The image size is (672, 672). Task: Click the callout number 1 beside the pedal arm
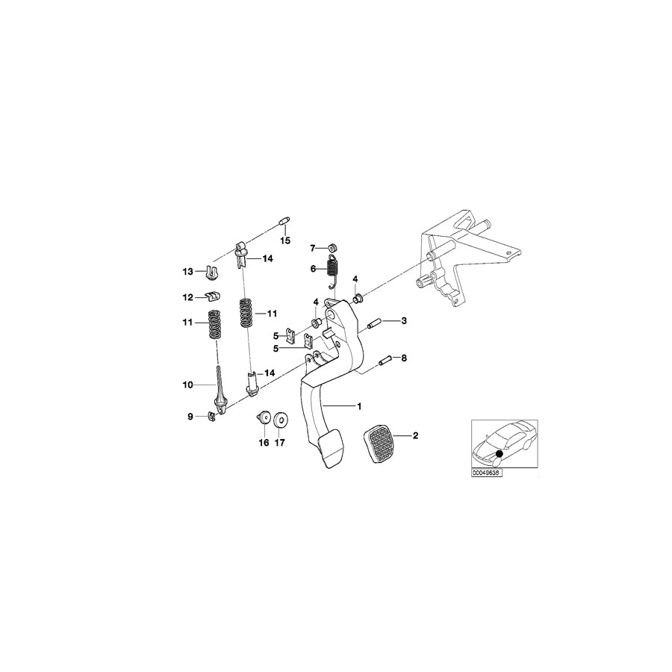pos(359,406)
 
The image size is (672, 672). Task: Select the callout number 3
pos(403,321)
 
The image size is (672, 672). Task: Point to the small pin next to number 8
pos(385,361)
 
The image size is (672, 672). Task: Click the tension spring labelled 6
pos(335,269)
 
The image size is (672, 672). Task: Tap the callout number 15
pos(284,241)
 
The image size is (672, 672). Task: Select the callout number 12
pos(188,297)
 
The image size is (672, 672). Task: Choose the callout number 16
pos(263,442)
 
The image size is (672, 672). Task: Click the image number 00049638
pos(486,473)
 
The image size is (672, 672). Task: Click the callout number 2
pos(416,435)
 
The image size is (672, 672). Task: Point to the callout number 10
pos(188,385)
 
